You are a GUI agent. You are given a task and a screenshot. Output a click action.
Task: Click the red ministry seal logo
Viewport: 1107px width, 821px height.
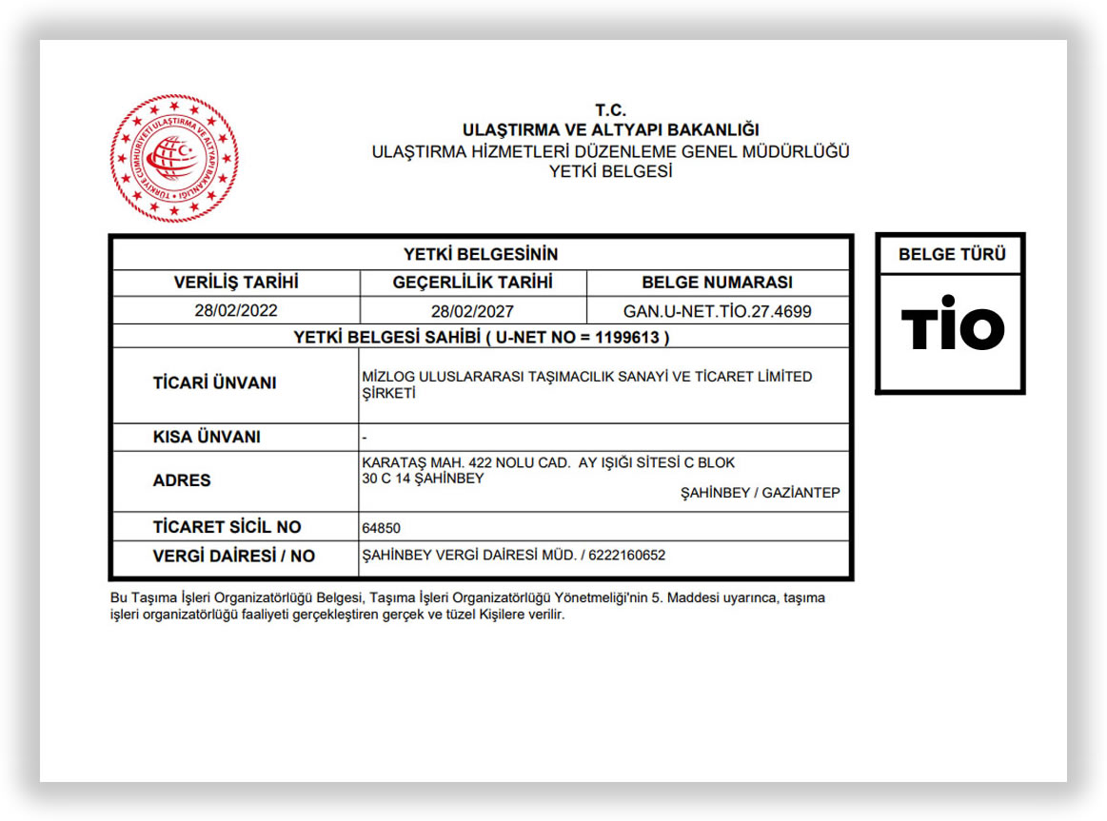(x=173, y=158)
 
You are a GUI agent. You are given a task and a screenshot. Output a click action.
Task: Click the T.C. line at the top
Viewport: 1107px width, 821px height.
(x=610, y=110)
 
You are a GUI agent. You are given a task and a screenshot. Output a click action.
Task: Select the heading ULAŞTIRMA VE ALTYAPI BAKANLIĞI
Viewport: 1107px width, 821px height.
(x=610, y=130)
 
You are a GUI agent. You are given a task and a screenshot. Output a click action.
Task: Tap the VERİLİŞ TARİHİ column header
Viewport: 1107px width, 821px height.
(x=236, y=283)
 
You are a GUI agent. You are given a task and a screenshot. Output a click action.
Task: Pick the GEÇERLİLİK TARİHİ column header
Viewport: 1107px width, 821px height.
(x=473, y=283)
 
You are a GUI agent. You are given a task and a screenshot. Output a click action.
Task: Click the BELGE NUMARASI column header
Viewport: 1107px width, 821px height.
(x=718, y=283)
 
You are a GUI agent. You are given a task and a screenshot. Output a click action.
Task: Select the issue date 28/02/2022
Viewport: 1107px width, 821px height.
(x=236, y=310)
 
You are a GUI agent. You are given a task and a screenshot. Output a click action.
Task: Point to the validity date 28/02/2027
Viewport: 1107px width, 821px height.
(x=472, y=311)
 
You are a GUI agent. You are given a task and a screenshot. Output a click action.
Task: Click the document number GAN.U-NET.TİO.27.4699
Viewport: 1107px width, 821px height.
(x=718, y=311)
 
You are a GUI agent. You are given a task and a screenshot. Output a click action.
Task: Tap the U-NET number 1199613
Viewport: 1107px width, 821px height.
(x=629, y=337)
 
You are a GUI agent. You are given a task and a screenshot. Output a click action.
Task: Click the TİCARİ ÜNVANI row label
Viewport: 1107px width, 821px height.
(x=214, y=383)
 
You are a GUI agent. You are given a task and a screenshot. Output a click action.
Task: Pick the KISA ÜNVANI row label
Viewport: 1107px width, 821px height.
(x=207, y=438)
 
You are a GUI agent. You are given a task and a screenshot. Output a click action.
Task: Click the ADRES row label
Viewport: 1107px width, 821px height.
(x=182, y=480)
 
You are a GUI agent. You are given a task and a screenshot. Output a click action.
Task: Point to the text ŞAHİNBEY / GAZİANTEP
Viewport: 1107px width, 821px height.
(x=761, y=493)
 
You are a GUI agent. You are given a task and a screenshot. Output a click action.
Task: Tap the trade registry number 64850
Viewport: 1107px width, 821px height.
(x=382, y=528)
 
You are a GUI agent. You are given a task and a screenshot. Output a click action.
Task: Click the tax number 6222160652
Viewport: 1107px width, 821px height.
(x=627, y=556)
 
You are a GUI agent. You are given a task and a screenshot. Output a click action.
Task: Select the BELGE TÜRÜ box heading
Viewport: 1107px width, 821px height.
(x=951, y=255)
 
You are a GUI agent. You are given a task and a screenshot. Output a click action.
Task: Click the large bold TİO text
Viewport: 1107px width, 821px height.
(x=952, y=328)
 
